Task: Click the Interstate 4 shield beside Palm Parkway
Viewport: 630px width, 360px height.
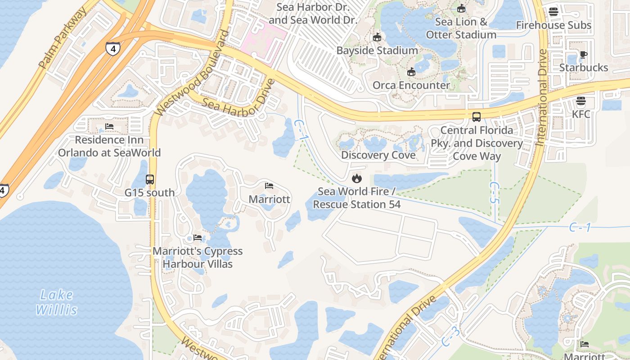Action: (x=112, y=49)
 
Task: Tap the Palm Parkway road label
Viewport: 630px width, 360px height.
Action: (x=63, y=40)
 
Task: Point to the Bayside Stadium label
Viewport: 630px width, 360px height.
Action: (x=377, y=50)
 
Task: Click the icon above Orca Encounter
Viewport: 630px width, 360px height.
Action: (x=411, y=72)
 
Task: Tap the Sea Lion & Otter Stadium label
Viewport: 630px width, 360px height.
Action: (x=461, y=28)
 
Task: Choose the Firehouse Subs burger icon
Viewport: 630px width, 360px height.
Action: (x=553, y=12)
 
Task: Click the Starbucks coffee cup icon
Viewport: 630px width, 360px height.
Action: (x=584, y=55)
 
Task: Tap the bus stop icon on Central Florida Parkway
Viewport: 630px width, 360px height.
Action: (x=477, y=117)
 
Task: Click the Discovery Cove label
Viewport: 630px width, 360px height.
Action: (x=378, y=155)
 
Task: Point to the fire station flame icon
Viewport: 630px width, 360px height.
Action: (x=357, y=179)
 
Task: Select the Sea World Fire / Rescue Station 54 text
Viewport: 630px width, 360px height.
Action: (x=357, y=198)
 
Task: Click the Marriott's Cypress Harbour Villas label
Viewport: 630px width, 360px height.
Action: (x=198, y=257)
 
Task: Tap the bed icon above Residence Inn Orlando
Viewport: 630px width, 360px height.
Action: (x=109, y=127)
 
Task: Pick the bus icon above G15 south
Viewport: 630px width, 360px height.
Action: (x=150, y=180)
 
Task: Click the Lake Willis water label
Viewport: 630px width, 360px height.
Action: (x=57, y=302)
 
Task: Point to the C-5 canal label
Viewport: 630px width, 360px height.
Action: (x=494, y=193)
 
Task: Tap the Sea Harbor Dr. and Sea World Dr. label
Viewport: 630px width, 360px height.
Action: (x=313, y=14)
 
